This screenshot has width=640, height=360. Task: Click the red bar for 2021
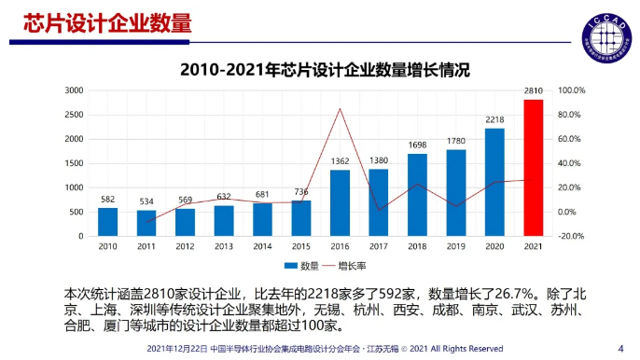point(534,168)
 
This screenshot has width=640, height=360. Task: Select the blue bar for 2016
point(340,203)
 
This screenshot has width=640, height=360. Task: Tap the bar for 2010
point(108,222)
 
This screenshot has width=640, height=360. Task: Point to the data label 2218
point(494,119)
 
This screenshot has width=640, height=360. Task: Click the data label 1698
point(417,145)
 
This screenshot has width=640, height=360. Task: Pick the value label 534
point(146,201)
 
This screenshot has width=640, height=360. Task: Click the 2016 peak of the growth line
point(340,108)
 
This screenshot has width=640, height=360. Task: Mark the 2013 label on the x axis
point(224,246)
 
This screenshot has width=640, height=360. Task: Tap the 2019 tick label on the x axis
point(456,246)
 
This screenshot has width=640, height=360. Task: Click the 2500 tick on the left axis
point(74,115)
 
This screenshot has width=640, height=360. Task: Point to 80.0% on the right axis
point(569,115)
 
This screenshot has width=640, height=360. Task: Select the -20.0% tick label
point(571,236)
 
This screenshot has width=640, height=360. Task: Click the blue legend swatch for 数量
point(291,266)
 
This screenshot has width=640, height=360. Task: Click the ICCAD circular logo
point(607,38)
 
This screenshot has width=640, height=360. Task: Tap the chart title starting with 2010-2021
point(325,69)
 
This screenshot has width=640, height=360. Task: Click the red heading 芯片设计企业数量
point(107,22)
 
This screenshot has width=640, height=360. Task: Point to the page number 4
point(620,349)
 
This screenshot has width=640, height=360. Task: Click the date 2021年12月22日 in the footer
point(177,349)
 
